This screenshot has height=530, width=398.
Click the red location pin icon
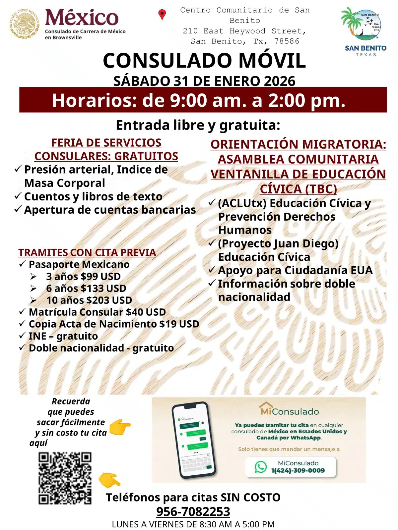coord(162,15)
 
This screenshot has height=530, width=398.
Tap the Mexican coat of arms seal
coord(24,24)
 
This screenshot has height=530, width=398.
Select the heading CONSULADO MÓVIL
coord(204,61)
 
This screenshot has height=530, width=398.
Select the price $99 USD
coord(101,276)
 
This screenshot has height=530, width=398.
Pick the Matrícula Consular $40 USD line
coord(97,312)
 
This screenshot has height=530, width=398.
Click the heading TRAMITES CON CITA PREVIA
coord(87,252)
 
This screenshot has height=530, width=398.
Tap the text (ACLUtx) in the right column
coord(242,203)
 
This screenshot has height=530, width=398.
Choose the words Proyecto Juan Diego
coord(278,243)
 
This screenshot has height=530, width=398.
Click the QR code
coord(65,478)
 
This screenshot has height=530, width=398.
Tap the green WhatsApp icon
coord(261,467)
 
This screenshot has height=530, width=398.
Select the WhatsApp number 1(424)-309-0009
coord(298,470)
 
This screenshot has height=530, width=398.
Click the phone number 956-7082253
coord(193,511)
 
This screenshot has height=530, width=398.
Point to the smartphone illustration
coord(194,440)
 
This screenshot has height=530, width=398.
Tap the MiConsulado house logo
coord(266,408)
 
